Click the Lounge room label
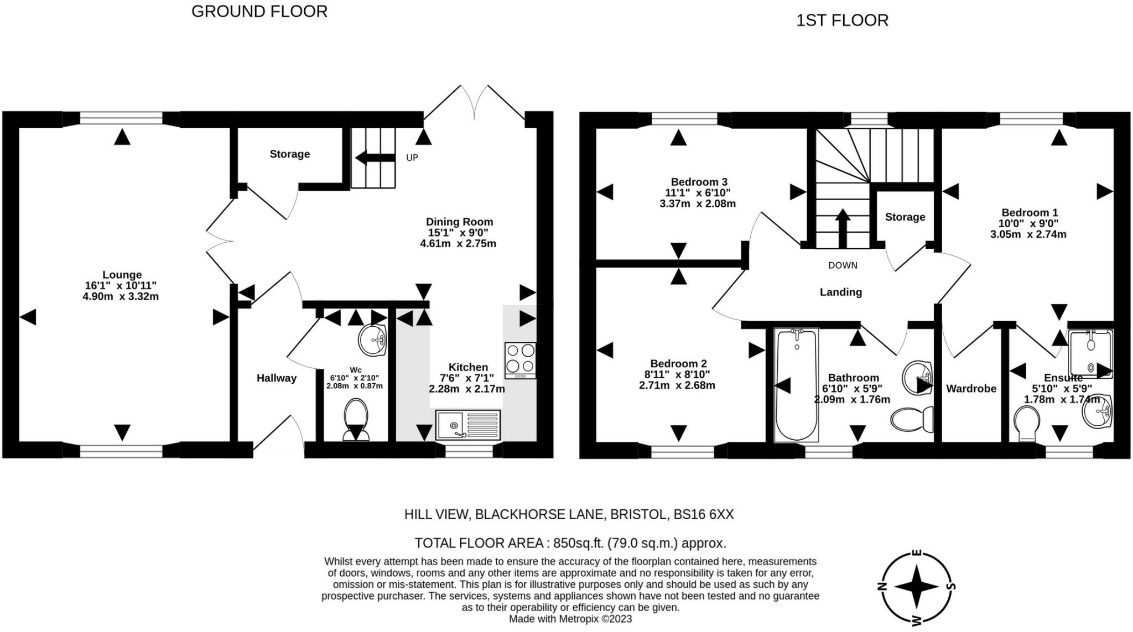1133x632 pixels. point(122,275)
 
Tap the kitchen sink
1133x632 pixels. point(467,425)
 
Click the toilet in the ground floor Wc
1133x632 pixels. point(356,420)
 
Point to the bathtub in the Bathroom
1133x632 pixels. point(797,385)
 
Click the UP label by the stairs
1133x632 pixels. point(412,158)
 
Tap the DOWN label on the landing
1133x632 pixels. point(843,265)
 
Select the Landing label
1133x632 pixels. point(841,292)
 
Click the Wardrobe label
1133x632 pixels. point(971,389)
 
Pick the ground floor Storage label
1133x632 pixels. point(289,154)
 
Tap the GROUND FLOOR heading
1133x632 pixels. point(259,12)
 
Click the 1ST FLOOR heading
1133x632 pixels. point(842,20)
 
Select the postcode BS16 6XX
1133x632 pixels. point(703,515)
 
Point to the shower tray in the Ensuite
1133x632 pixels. point(1090,354)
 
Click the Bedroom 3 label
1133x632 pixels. point(699,182)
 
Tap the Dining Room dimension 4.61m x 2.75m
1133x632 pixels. point(458,243)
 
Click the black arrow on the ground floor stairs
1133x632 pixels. point(375,158)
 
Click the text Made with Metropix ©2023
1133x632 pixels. point(570,619)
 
